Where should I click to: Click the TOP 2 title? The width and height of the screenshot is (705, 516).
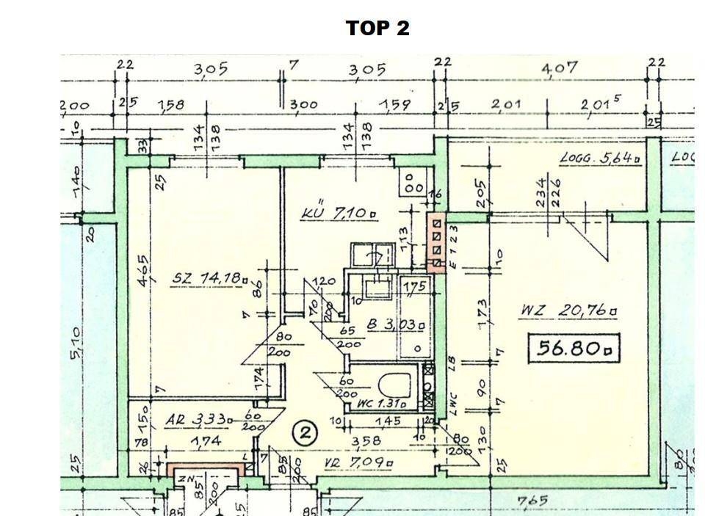(377, 29)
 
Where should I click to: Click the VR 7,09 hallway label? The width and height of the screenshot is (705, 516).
(358, 463)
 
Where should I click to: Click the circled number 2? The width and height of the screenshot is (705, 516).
(304, 434)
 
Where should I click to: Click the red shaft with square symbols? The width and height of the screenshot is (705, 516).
(436, 243)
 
